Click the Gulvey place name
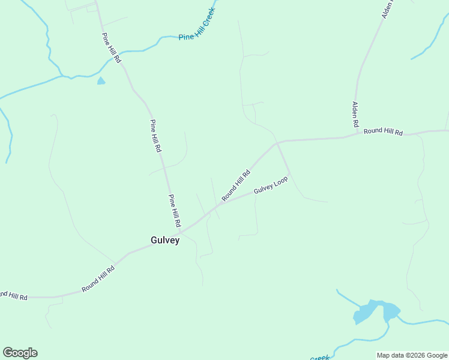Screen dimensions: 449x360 coord(165,240)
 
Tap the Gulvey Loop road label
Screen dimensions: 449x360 coord(271,185)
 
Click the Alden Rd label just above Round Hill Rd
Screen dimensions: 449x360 coord(355,114)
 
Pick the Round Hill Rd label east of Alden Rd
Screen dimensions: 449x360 coord(383,131)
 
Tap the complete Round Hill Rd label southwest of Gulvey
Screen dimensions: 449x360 coord(98,279)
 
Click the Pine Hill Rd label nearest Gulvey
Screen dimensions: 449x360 coord(175,210)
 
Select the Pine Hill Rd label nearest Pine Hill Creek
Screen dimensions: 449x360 coord(111,48)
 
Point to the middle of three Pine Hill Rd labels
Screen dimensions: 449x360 coord(155,136)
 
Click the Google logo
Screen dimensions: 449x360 coord(20,353)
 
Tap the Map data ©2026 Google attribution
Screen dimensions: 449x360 coord(412,355)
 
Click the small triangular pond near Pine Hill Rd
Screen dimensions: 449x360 coord(101,81)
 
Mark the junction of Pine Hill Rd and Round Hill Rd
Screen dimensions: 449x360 coord(181,231)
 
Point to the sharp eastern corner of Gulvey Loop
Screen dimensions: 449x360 coord(290,174)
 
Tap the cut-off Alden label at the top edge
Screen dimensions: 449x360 coord(388,8)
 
